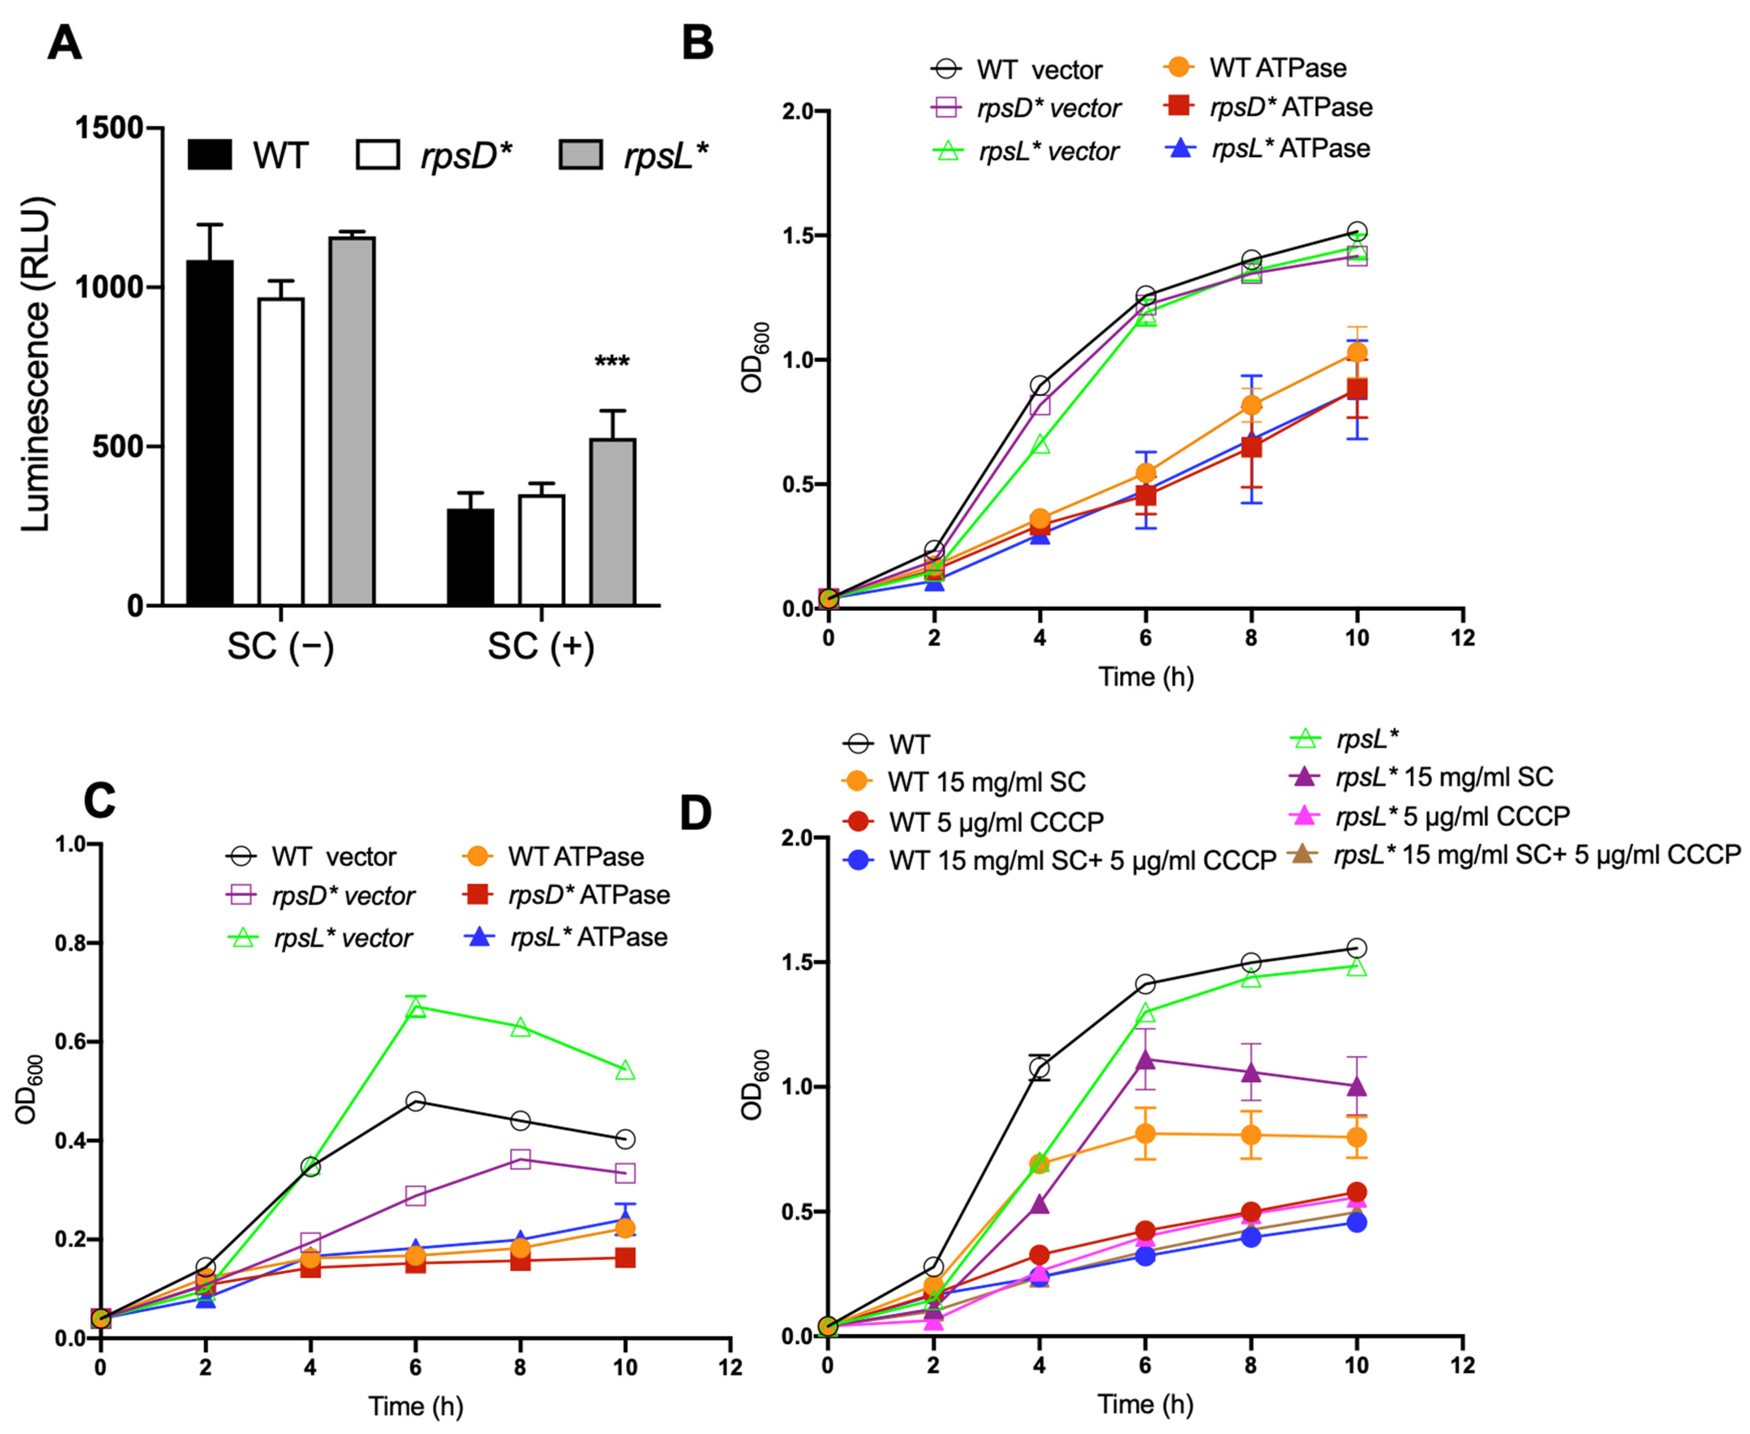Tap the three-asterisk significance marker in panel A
point(611,362)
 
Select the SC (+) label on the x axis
point(541,647)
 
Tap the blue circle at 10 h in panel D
point(1356,1222)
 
